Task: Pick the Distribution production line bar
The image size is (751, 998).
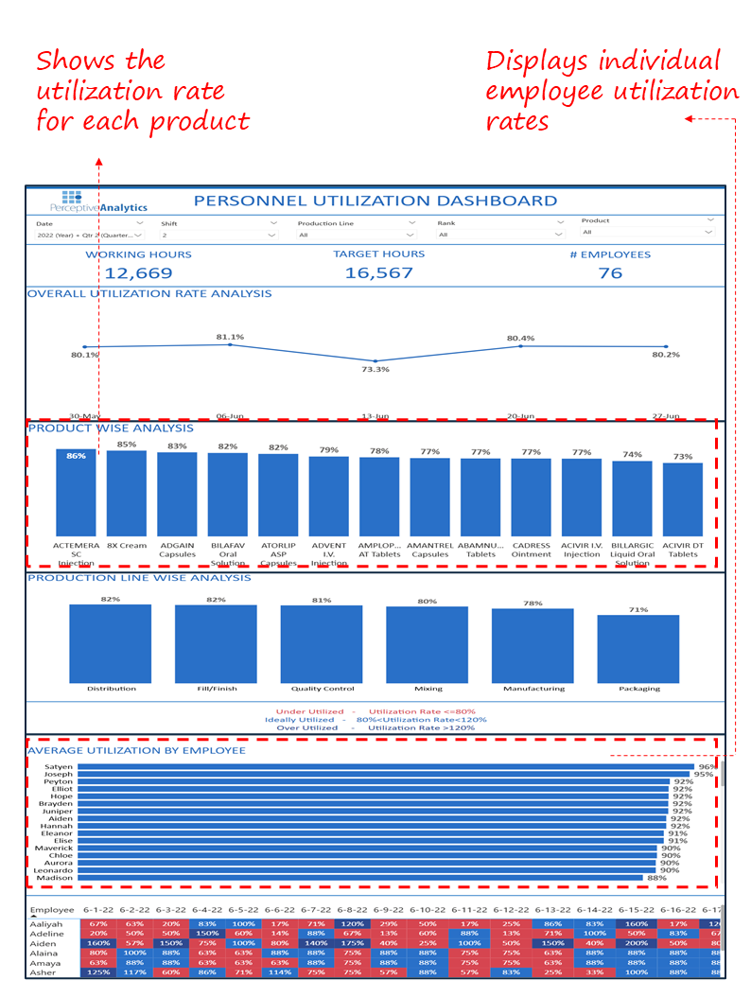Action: [111, 643]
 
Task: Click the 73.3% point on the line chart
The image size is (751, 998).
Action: [375, 361]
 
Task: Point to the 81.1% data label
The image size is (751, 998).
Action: [230, 336]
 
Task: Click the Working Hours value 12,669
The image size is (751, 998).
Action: [138, 273]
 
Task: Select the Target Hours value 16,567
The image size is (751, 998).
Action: [378, 273]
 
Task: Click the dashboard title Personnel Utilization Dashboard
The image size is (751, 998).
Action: [375, 201]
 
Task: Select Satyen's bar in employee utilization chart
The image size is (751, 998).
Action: [385, 767]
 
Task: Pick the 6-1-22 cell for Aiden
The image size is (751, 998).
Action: [97, 942]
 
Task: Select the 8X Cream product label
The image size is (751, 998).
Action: [126, 546]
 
